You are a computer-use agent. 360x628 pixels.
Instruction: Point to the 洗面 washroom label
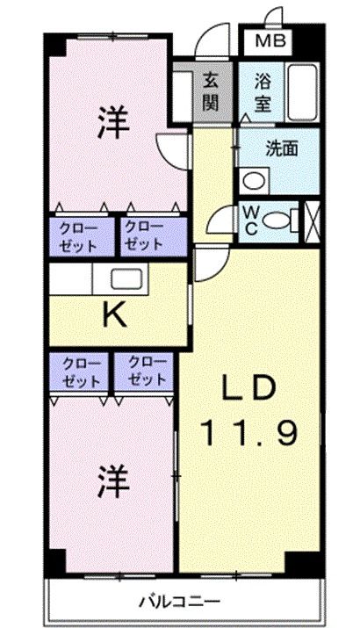pyautogui.click(x=282, y=148)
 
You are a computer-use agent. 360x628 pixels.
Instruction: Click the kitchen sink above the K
pyautogui.click(x=126, y=280)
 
